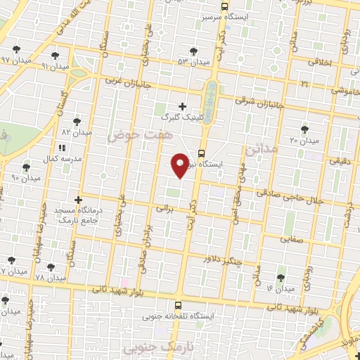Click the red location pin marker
coord(180,165)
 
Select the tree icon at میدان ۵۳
coord(194,51)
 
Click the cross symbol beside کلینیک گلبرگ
coord(183,106)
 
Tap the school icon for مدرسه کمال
coord(61,148)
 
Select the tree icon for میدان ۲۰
coord(304,129)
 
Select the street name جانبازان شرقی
coord(259,103)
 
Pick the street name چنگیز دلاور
coord(222,261)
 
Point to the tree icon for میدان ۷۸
coord(51,266)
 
